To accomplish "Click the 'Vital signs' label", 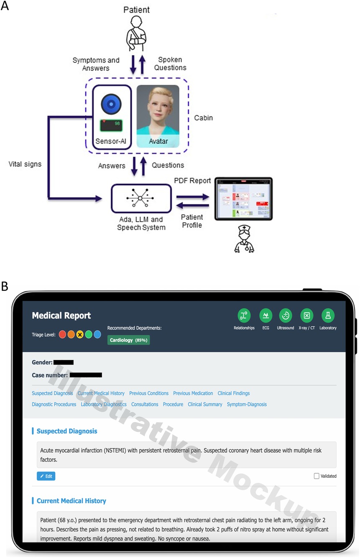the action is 25,164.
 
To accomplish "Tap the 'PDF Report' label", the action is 193,181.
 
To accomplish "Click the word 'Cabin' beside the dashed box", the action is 204,118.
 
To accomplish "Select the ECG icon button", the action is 266,316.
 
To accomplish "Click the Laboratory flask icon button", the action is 328,316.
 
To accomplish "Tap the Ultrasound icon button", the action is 286,316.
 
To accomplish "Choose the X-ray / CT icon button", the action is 307,316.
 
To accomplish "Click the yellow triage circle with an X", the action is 79,334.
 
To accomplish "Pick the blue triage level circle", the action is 97,334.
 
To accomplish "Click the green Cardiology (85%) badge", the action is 128,340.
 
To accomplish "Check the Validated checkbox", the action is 317,476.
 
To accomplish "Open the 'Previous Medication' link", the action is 193,393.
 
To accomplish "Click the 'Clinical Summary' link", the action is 205,404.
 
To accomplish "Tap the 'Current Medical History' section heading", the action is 71,501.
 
